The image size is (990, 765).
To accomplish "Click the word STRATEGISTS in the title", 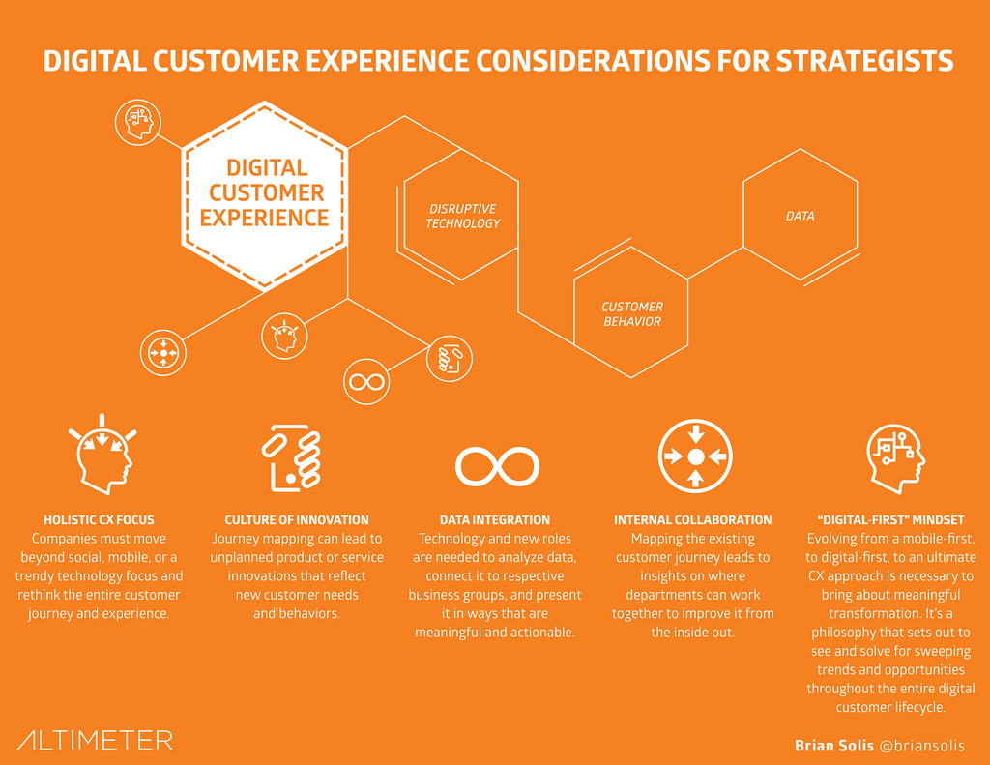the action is pos(864,61).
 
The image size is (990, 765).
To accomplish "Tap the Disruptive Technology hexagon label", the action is pos(463,216).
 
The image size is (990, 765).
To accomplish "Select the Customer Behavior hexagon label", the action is pos(632,314).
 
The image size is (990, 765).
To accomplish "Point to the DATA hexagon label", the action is pos(800,216).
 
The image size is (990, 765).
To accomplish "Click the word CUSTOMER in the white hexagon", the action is pos(267,192).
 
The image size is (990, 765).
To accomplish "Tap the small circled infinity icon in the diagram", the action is pos(366,382).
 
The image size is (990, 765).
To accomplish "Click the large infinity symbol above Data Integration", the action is pos(497,467).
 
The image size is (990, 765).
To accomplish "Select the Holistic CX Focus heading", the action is pos(99,520).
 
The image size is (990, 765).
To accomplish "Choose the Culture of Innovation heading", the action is pos(297,520).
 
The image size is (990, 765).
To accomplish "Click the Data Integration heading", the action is pos(495,520).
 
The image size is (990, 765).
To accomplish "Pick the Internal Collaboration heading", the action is pos(692,520).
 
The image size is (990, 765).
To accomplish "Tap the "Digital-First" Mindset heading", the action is pos(890,520).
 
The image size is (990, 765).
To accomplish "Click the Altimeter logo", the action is pos(95,740).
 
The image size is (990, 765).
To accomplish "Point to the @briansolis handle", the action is pos(921,746).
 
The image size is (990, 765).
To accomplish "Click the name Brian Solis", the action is pos(834,746).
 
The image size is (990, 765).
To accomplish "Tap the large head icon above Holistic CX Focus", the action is pos(102,455).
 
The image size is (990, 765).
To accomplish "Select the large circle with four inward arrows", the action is pos(695,456).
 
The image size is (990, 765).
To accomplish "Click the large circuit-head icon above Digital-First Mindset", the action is pos(895,458).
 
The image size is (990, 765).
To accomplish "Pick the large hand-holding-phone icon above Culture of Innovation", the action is pos(292,458).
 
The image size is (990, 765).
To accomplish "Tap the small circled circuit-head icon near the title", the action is pos(138,122).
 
